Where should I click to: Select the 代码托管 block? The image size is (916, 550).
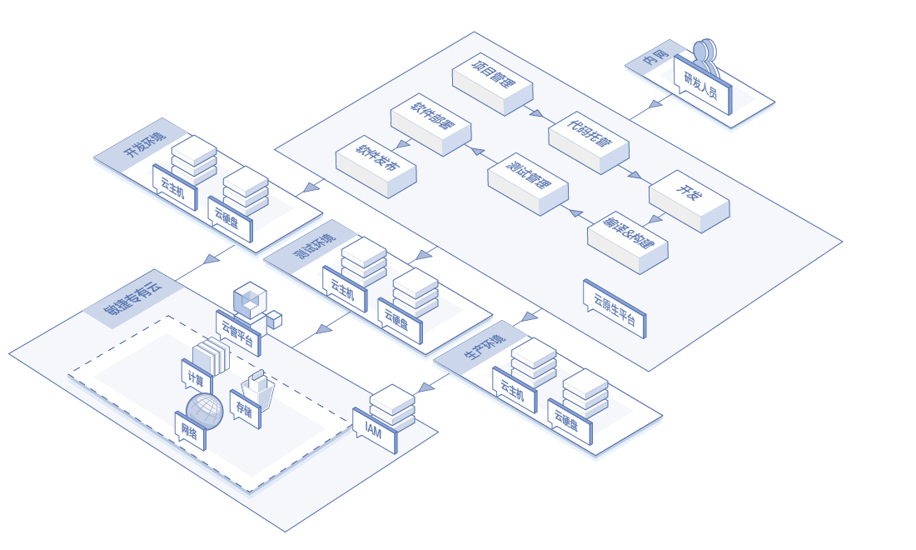click(x=589, y=139)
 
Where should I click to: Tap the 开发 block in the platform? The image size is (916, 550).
click(x=689, y=198)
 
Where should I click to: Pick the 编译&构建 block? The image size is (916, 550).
click(x=627, y=239)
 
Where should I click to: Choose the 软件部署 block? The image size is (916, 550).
click(x=431, y=122)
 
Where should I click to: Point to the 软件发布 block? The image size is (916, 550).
click(x=376, y=165)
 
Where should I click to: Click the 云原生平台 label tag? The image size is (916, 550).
click(x=615, y=308)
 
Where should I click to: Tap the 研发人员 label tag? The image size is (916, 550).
click(x=702, y=85)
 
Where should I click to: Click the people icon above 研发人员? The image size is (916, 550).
click(x=704, y=52)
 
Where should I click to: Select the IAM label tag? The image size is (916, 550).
click(x=374, y=431)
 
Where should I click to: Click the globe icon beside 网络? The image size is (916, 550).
click(x=205, y=411)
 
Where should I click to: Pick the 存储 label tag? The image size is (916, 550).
click(x=244, y=409)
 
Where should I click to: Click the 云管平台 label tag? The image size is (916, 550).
click(x=238, y=333)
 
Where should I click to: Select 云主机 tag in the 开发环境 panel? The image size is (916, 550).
click(x=174, y=187)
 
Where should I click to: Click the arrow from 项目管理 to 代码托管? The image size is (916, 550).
click(x=536, y=112)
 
